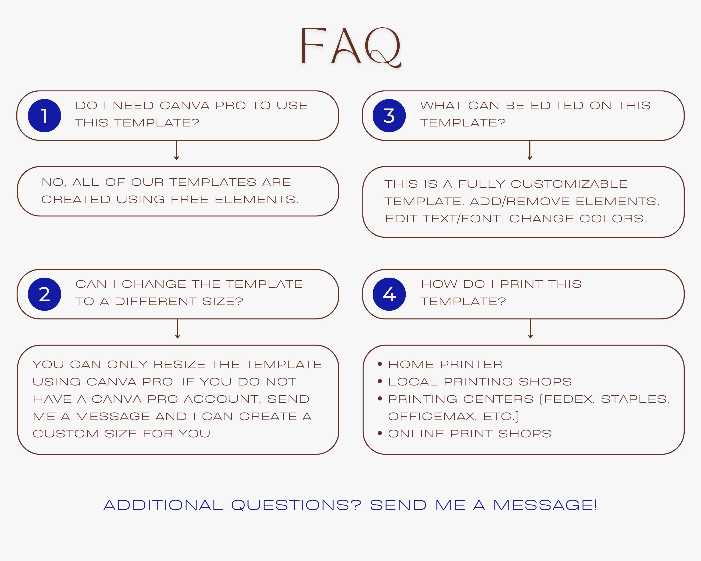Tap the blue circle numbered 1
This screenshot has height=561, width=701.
point(45,115)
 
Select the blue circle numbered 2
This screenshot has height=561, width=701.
point(45,294)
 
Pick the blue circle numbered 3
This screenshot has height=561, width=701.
point(389,115)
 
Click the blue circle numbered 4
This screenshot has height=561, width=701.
point(389,294)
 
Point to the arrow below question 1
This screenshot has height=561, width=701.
point(177,150)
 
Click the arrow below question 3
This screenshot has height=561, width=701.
point(530,150)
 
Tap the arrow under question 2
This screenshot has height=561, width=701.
point(178,329)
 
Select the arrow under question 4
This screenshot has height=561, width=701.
point(530,329)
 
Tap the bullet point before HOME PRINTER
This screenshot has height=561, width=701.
point(380,364)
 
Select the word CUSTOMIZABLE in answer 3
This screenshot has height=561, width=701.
point(569,184)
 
